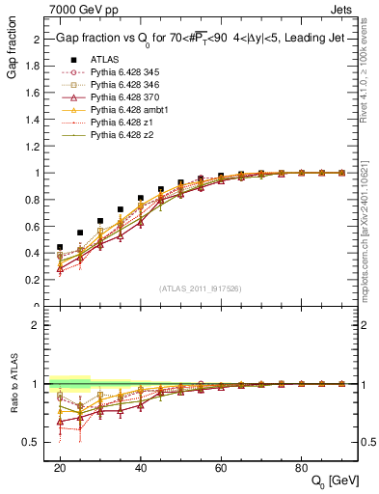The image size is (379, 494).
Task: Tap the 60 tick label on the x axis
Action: click(221, 467)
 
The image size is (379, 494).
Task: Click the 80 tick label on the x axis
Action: click(301, 467)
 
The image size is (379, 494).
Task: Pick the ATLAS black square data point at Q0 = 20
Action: click(60, 247)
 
